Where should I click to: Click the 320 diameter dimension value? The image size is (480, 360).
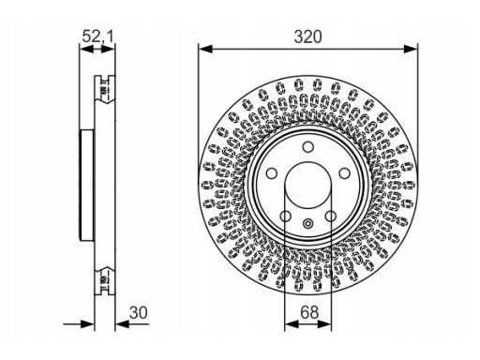coord(307,37)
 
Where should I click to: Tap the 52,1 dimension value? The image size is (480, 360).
coord(97,37)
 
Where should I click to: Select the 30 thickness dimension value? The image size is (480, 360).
coord(139,312)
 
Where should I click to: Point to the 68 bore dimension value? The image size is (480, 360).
coord(309,312)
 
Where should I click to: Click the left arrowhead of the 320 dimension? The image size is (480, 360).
coord(205,49)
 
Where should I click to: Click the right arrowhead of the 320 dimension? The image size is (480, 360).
coord(411,49)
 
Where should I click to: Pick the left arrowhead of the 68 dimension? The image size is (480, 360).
coord(292,324)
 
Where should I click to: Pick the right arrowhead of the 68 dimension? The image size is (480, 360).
coord(325,324)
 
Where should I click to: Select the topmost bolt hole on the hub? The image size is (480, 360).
coord(308,146)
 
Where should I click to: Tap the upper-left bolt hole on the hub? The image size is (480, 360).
coord(272,173)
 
